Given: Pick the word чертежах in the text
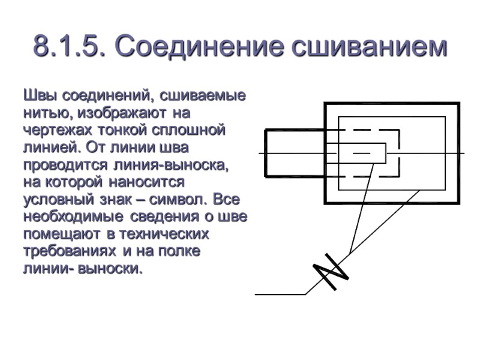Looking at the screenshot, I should (58, 130).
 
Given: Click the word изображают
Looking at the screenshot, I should (124, 112).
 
